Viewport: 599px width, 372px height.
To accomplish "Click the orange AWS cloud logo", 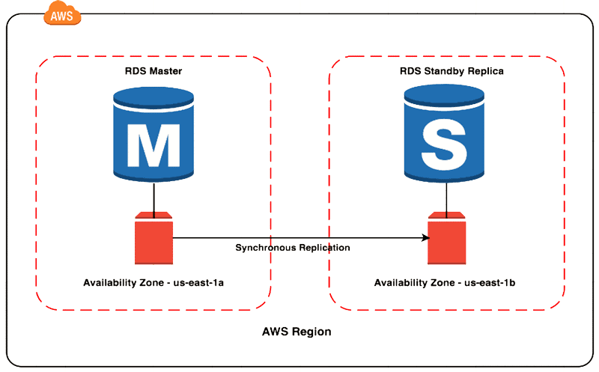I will pos(64,13).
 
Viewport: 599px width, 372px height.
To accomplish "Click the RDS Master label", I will pos(153,71).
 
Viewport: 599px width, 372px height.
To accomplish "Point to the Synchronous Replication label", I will pos(293,248).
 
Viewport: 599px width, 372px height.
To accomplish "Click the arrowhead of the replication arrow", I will pos(425,238).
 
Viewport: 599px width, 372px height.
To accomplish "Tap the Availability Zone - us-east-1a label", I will pos(153,283).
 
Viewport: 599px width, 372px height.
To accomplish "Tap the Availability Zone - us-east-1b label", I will pos(445,283).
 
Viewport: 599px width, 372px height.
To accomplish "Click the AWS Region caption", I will pos(297,332).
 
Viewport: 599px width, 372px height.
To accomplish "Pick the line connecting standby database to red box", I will pos(447,197).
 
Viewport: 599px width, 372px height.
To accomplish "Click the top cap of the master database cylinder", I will pos(153,97).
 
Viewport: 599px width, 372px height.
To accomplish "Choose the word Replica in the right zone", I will pos(486,71).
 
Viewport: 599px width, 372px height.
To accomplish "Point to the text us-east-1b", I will pos(490,283).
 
